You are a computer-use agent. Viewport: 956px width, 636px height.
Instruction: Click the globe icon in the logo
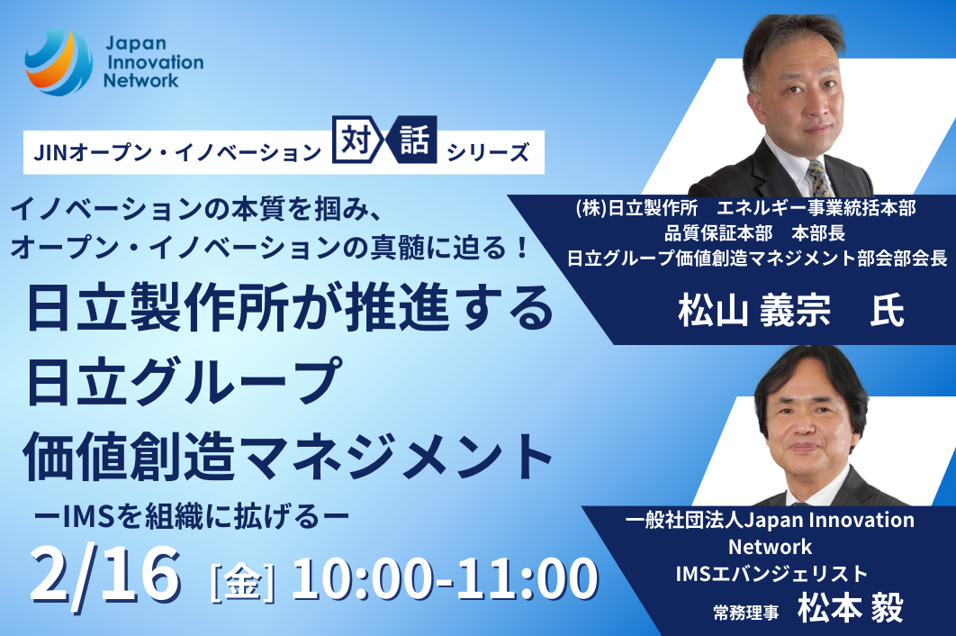[x=59, y=62]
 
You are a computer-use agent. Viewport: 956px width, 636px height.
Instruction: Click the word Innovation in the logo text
[x=156, y=62]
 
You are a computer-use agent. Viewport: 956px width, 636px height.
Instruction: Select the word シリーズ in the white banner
[x=488, y=152]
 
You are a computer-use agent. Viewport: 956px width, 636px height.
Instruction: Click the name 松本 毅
[x=851, y=608]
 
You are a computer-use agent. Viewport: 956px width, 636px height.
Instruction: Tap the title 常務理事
[x=746, y=613]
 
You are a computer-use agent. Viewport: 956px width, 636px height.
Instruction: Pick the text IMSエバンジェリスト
[x=771, y=573]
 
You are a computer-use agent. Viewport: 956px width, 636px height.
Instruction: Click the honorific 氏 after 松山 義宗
[x=887, y=311]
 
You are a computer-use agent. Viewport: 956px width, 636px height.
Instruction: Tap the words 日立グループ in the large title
[x=184, y=382]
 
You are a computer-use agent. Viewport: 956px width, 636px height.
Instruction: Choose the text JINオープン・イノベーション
[x=177, y=152]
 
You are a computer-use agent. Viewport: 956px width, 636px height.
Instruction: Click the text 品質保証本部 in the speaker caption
[x=718, y=233]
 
